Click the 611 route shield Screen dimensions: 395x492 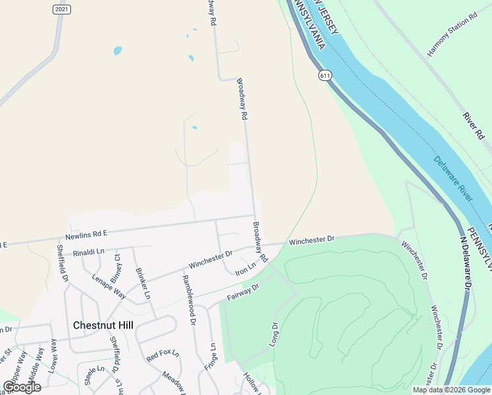325,76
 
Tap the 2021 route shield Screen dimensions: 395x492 61,9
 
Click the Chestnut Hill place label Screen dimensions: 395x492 103,325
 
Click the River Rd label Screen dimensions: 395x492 473,125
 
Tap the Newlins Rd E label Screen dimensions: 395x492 86,234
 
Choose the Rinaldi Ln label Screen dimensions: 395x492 89,251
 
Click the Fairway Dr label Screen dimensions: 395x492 243,292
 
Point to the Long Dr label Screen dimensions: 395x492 275,333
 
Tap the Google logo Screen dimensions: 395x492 22,386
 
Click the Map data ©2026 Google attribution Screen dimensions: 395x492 451,390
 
